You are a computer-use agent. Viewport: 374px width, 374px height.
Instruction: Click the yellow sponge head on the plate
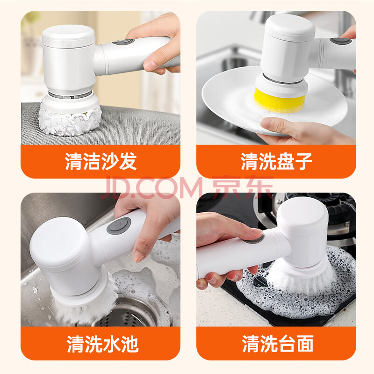tap(280, 100)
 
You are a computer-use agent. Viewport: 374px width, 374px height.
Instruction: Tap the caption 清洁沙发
tap(101, 161)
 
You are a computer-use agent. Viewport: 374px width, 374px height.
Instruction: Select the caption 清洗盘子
tap(276, 161)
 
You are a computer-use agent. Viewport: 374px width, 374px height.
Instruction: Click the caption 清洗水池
tap(102, 344)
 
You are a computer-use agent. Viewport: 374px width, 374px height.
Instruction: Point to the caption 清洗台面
tap(278, 344)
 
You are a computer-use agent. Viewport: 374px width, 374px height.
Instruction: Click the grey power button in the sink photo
tap(119, 225)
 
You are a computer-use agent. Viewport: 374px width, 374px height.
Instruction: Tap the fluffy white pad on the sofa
tap(70, 121)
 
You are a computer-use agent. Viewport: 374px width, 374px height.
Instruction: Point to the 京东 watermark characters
tap(242, 187)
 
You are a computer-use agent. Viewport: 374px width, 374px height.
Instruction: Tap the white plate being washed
tap(274, 100)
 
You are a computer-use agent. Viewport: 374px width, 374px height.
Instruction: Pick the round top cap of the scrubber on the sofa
tap(68, 36)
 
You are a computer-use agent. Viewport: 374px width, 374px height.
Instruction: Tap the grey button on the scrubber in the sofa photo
tap(123, 42)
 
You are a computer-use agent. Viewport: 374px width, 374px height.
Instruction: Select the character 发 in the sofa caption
tap(128, 161)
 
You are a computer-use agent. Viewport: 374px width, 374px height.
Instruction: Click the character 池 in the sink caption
tap(130, 344)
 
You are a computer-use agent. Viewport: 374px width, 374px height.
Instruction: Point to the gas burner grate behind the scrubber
tap(338, 215)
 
